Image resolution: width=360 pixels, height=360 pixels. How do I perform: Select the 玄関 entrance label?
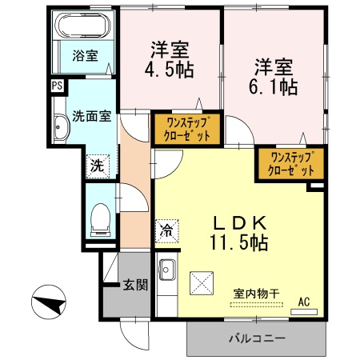134,284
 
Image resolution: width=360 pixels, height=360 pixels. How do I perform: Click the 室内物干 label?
256,294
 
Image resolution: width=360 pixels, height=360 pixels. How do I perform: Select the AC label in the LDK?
304,301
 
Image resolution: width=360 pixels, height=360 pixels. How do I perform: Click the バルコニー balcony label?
257,339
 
